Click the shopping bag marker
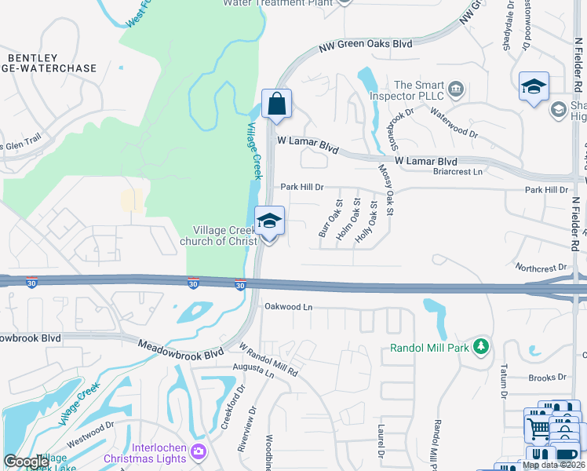276,104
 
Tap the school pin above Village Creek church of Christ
268,222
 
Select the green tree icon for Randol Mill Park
481,345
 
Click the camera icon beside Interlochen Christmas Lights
198,451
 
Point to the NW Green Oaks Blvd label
366,46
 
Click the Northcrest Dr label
541,268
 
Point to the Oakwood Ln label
288,306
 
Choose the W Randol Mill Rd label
268,358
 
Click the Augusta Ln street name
253,371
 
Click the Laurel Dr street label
380,440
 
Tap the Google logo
27,462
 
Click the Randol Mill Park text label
431,347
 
